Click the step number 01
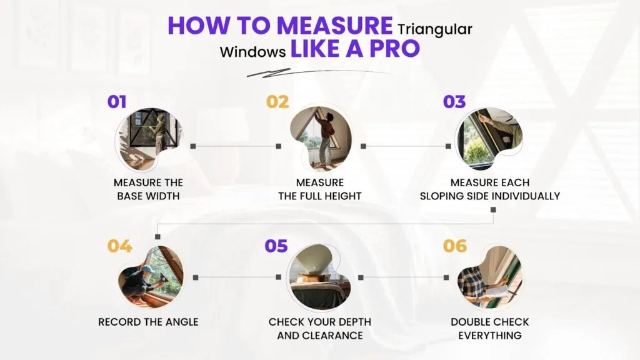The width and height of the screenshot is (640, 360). click(x=117, y=102)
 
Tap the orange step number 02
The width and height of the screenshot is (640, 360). click(x=277, y=102)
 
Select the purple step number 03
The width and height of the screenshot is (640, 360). click(x=454, y=102)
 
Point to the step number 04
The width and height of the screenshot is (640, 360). click(x=119, y=246)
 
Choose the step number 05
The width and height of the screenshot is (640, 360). click(x=276, y=246)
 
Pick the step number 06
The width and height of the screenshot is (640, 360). click(x=455, y=246)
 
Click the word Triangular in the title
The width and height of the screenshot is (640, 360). click(x=435, y=30)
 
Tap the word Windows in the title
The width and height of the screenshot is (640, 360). click(x=252, y=52)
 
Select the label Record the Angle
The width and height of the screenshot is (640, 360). click(x=148, y=322)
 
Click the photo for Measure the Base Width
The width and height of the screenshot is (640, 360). click(x=149, y=139)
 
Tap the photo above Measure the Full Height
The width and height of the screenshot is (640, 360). click(x=321, y=139)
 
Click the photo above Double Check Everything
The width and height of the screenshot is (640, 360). click(x=490, y=277)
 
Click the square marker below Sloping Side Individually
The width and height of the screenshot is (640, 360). click(x=494, y=210)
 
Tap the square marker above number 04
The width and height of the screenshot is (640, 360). click(x=158, y=237)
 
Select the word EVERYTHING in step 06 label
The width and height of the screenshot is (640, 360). click(x=490, y=336)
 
